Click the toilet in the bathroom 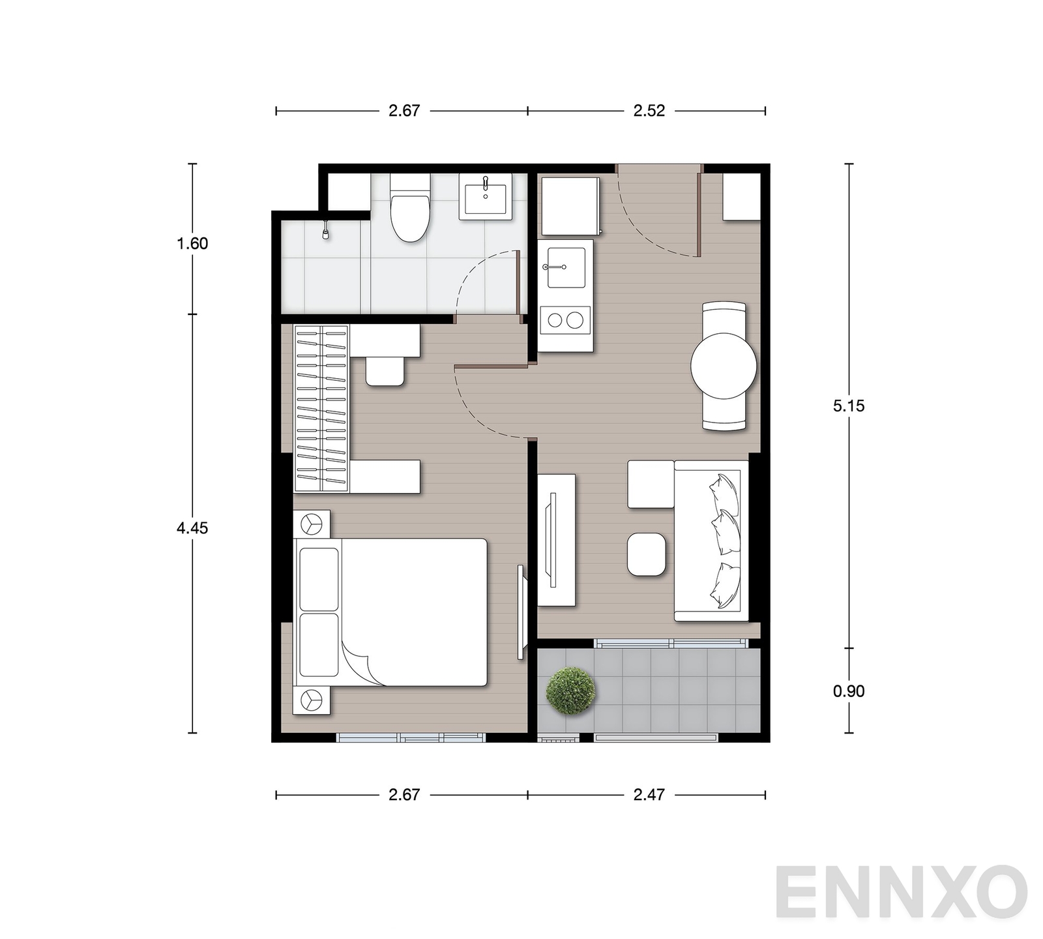coord(410,208)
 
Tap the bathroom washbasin coord(486,196)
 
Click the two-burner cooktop coord(566,320)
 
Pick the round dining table coord(724,366)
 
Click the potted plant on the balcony coord(571,691)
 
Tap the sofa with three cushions coord(711,541)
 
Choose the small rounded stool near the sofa coord(647,554)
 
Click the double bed coord(391,612)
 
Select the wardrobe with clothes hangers coord(321,408)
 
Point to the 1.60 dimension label coord(192,244)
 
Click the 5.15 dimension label coord(849,406)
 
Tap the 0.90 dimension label coord(849,691)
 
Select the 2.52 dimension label coord(649,111)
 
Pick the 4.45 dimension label coord(192,528)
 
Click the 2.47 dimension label coord(649,795)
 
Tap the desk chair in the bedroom coord(385,371)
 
